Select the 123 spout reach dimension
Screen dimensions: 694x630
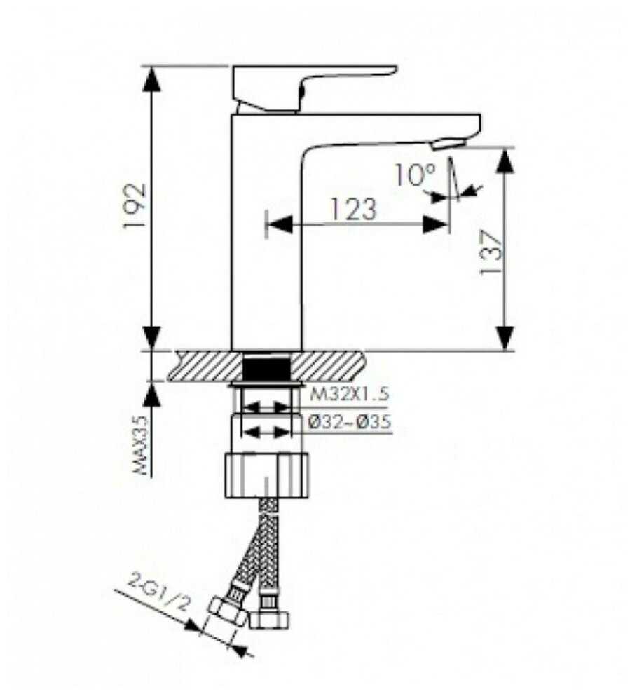(x=353, y=208)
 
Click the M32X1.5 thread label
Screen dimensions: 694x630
(x=348, y=395)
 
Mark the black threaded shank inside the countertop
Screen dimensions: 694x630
(x=266, y=367)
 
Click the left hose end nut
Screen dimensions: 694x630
(x=228, y=611)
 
